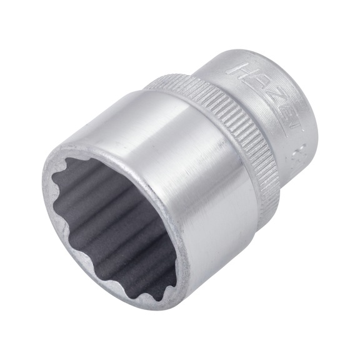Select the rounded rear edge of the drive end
tap(306, 81)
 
